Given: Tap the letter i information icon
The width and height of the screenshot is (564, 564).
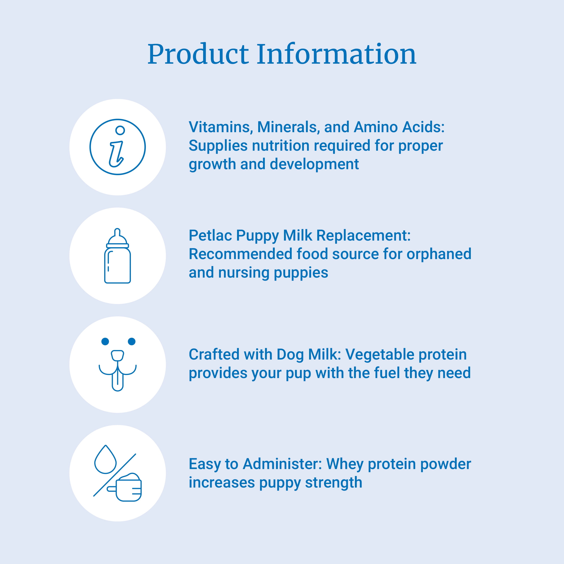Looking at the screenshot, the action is [x=117, y=147].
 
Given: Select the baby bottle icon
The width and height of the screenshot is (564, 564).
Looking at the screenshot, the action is [x=117, y=256].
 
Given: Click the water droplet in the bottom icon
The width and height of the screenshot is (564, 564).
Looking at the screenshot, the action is [x=105, y=459].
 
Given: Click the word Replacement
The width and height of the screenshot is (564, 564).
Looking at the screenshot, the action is [x=364, y=236].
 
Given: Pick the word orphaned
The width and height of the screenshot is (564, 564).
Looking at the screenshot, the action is [x=439, y=254].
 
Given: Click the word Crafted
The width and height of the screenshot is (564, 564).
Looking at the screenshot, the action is [x=214, y=354].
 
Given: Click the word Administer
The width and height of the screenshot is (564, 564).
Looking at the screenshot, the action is [x=282, y=464].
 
